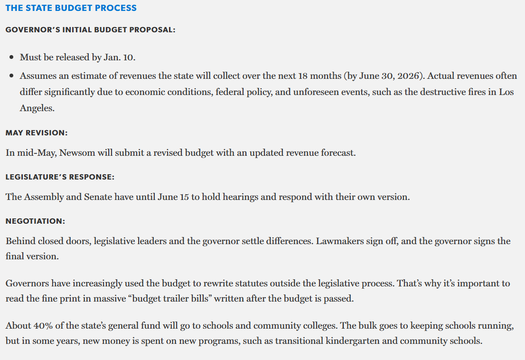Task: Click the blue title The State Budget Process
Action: click(71, 8)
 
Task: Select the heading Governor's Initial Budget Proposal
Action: click(90, 30)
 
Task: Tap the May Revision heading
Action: click(37, 133)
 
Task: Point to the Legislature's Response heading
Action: click(60, 177)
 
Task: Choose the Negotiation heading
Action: click(35, 221)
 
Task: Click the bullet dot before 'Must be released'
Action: click(11, 57)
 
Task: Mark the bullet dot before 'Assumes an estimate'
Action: click(11, 76)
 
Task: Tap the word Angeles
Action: click(36, 108)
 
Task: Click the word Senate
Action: click(98, 197)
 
